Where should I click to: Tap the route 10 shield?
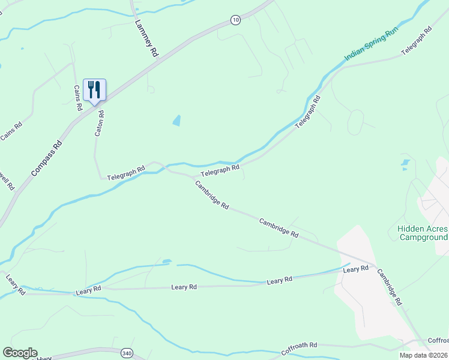tap(235, 20)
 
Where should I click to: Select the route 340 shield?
tap(126, 353)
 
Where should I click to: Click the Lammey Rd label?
tap(146, 39)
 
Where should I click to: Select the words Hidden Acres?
tap(423, 229)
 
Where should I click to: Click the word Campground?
tap(424, 237)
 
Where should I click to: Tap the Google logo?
tap(20, 353)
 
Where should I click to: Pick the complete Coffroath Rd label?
tap(298, 346)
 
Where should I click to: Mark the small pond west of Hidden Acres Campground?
tap(405, 162)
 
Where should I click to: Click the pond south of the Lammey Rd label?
tap(176, 121)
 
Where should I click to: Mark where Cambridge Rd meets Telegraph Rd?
tap(193, 178)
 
